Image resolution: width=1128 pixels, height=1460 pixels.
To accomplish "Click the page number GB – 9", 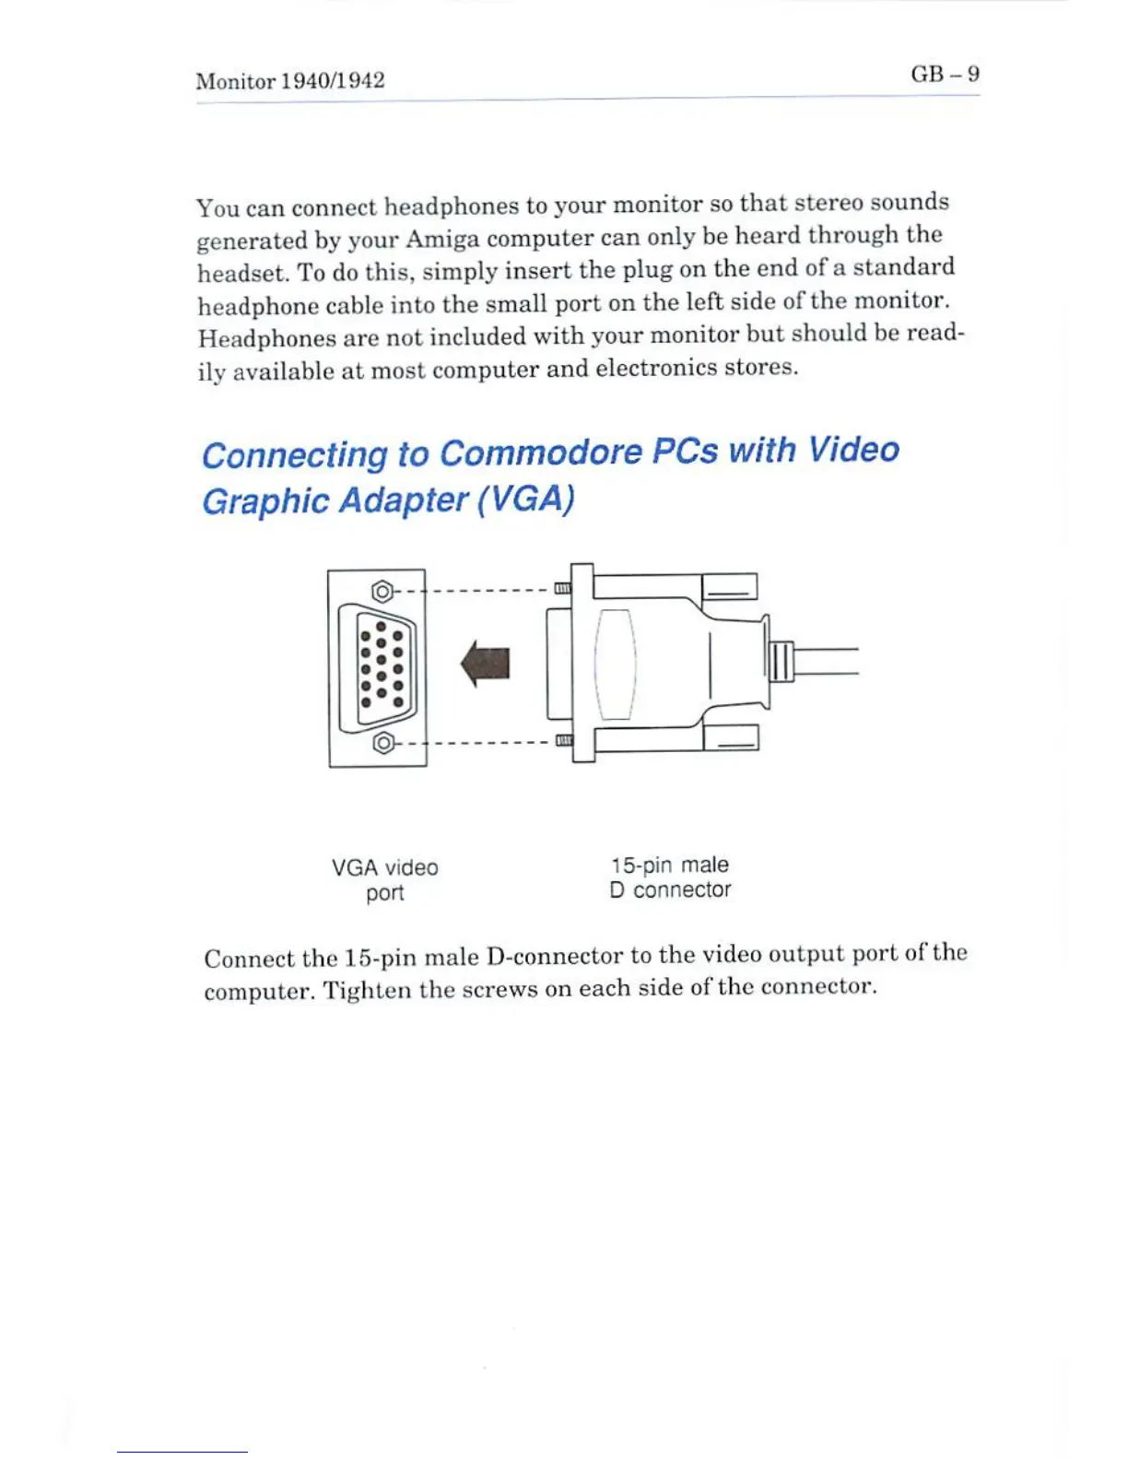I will pos(945,74).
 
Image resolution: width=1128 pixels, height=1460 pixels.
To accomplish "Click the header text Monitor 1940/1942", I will pos(290,81).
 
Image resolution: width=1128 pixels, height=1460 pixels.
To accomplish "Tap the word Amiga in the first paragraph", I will pos(442,240).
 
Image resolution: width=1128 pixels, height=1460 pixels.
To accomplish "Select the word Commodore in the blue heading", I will pos(541,453).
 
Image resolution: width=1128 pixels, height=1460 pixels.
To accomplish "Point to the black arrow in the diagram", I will pos(486,664).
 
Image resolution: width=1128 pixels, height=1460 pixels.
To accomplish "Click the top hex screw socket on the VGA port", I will pos(382,591).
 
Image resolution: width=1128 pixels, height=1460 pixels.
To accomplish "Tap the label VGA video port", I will pos(385,879).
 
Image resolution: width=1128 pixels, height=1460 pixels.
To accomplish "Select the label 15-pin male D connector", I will pos(670,877).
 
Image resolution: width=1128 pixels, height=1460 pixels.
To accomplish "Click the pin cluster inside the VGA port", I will pos(382,665).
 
